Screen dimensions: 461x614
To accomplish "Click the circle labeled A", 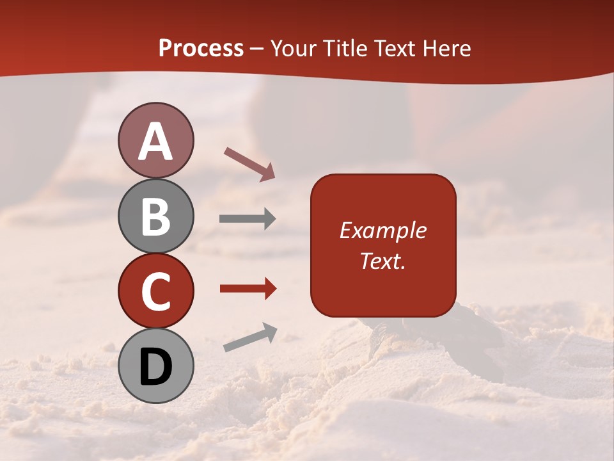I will click(155, 141).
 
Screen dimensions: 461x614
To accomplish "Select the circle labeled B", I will click(155, 216).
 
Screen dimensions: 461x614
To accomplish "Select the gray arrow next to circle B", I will click(248, 219).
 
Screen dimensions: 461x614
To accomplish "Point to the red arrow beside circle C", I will click(248, 289).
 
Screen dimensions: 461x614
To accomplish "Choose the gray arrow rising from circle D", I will click(250, 337).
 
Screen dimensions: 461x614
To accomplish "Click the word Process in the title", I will click(201, 49).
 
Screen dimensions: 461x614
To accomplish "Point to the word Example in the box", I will click(382, 230).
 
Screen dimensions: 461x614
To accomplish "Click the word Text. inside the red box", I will click(382, 261).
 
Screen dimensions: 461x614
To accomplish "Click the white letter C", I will click(155, 291).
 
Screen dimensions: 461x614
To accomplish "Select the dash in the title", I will click(257, 49).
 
